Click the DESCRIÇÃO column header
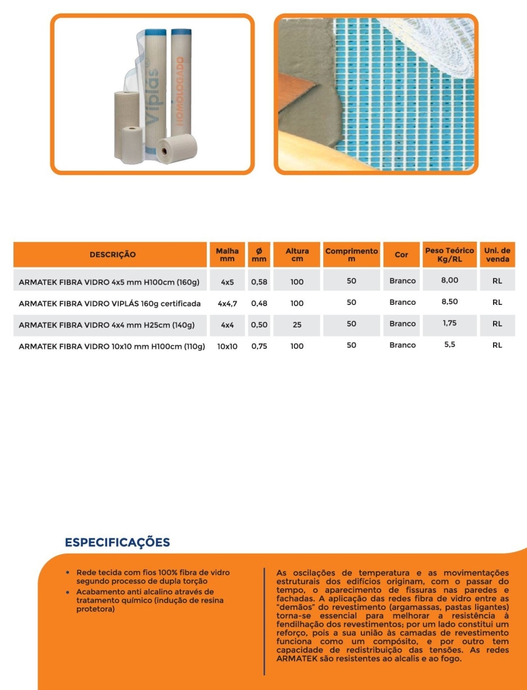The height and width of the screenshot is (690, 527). click(x=112, y=255)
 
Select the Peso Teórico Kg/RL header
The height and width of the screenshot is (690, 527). click(x=450, y=255)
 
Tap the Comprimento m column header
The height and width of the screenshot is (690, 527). click(x=351, y=255)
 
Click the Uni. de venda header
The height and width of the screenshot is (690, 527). click(x=497, y=255)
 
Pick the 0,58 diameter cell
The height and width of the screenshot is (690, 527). click(x=259, y=282)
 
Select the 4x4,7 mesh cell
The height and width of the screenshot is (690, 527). click(x=227, y=303)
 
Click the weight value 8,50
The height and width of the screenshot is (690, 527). click(x=450, y=302)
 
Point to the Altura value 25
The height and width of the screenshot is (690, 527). click(x=297, y=324)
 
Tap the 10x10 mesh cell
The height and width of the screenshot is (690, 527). click(x=227, y=346)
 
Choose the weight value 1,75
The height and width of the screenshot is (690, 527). click(x=450, y=323)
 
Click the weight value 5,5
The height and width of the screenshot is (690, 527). click(x=450, y=345)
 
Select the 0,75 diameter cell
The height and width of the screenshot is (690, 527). click(x=259, y=346)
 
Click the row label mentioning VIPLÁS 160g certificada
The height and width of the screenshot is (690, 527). click(x=109, y=303)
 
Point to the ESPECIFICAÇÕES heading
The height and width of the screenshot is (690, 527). click(x=117, y=543)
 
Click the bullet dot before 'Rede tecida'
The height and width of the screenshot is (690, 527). click(x=69, y=572)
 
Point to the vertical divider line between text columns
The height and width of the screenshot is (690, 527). click(x=264, y=620)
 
